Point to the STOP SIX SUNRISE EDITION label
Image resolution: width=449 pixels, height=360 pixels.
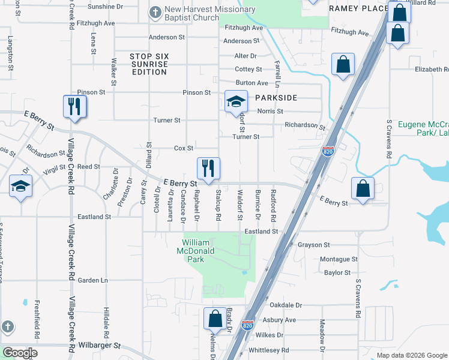pyautogui.click(x=149, y=64)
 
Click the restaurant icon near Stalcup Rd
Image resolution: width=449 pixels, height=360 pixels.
pyautogui.click(x=208, y=169)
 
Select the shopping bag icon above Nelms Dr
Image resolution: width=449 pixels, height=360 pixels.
pyautogui.click(x=215, y=319)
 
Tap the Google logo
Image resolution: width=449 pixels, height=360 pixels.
pyautogui.click(x=20, y=353)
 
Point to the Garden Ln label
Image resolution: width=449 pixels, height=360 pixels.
pyautogui.click(x=92, y=280)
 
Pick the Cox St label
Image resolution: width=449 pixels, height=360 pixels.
pyautogui.click(x=184, y=148)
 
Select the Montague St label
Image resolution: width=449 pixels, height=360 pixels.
pyautogui.click(x=339, y=259)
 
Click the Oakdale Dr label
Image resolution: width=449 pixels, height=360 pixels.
pyautogui.click(x=285, y=305)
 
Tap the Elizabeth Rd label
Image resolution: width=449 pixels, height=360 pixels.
pyautogui.click(x=432, y=70)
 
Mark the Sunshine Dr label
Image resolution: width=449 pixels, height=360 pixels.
pyautogui.click(x=105, y=7)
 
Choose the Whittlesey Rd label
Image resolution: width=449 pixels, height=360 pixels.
pyautogui.click(x=268, y=350)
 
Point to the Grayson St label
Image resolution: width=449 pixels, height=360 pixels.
pyautogui.click(x=314, y=245)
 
